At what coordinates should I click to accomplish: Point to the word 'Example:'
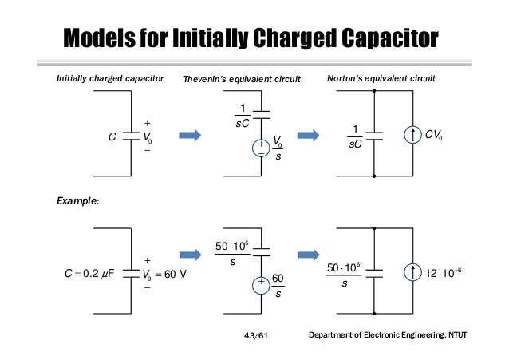click(x=77, y=202)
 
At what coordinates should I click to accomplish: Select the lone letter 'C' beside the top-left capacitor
click(x=112, y=136)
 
